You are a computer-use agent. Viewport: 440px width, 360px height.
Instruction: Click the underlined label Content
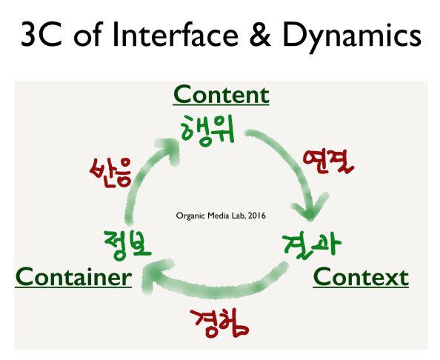(221, 95)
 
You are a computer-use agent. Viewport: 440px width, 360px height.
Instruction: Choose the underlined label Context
(360, 277)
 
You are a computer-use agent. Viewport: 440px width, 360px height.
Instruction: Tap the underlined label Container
(73, 277)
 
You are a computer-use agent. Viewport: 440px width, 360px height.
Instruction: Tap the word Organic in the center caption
(190, 216)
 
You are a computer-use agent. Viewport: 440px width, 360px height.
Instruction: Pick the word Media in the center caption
(218, 216)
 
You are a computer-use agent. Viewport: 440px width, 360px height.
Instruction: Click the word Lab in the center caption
(238, 216)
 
